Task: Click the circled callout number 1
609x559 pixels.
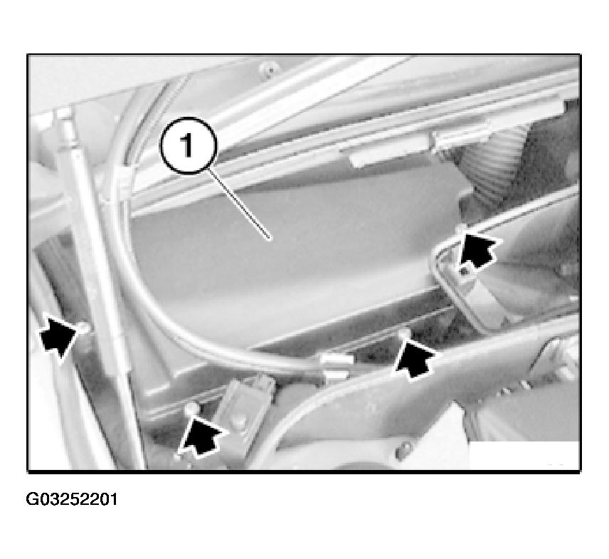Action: click(188, 145)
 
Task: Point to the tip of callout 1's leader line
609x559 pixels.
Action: click(271, 240)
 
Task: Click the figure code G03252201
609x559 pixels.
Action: click(71, 499)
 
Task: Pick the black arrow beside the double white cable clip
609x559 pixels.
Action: click(414, 357)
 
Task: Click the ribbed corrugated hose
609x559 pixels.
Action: click(498, 160)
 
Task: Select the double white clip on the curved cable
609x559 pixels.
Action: click(335, 367)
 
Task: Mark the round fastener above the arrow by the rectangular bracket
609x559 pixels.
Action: click(191, 409)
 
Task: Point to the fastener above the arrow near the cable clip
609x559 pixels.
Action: click(404, 333)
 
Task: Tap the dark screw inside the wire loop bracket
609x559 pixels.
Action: click(464, 270)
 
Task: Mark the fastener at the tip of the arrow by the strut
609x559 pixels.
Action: click(85, 328)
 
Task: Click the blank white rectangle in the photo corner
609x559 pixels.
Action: click(524, 455)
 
